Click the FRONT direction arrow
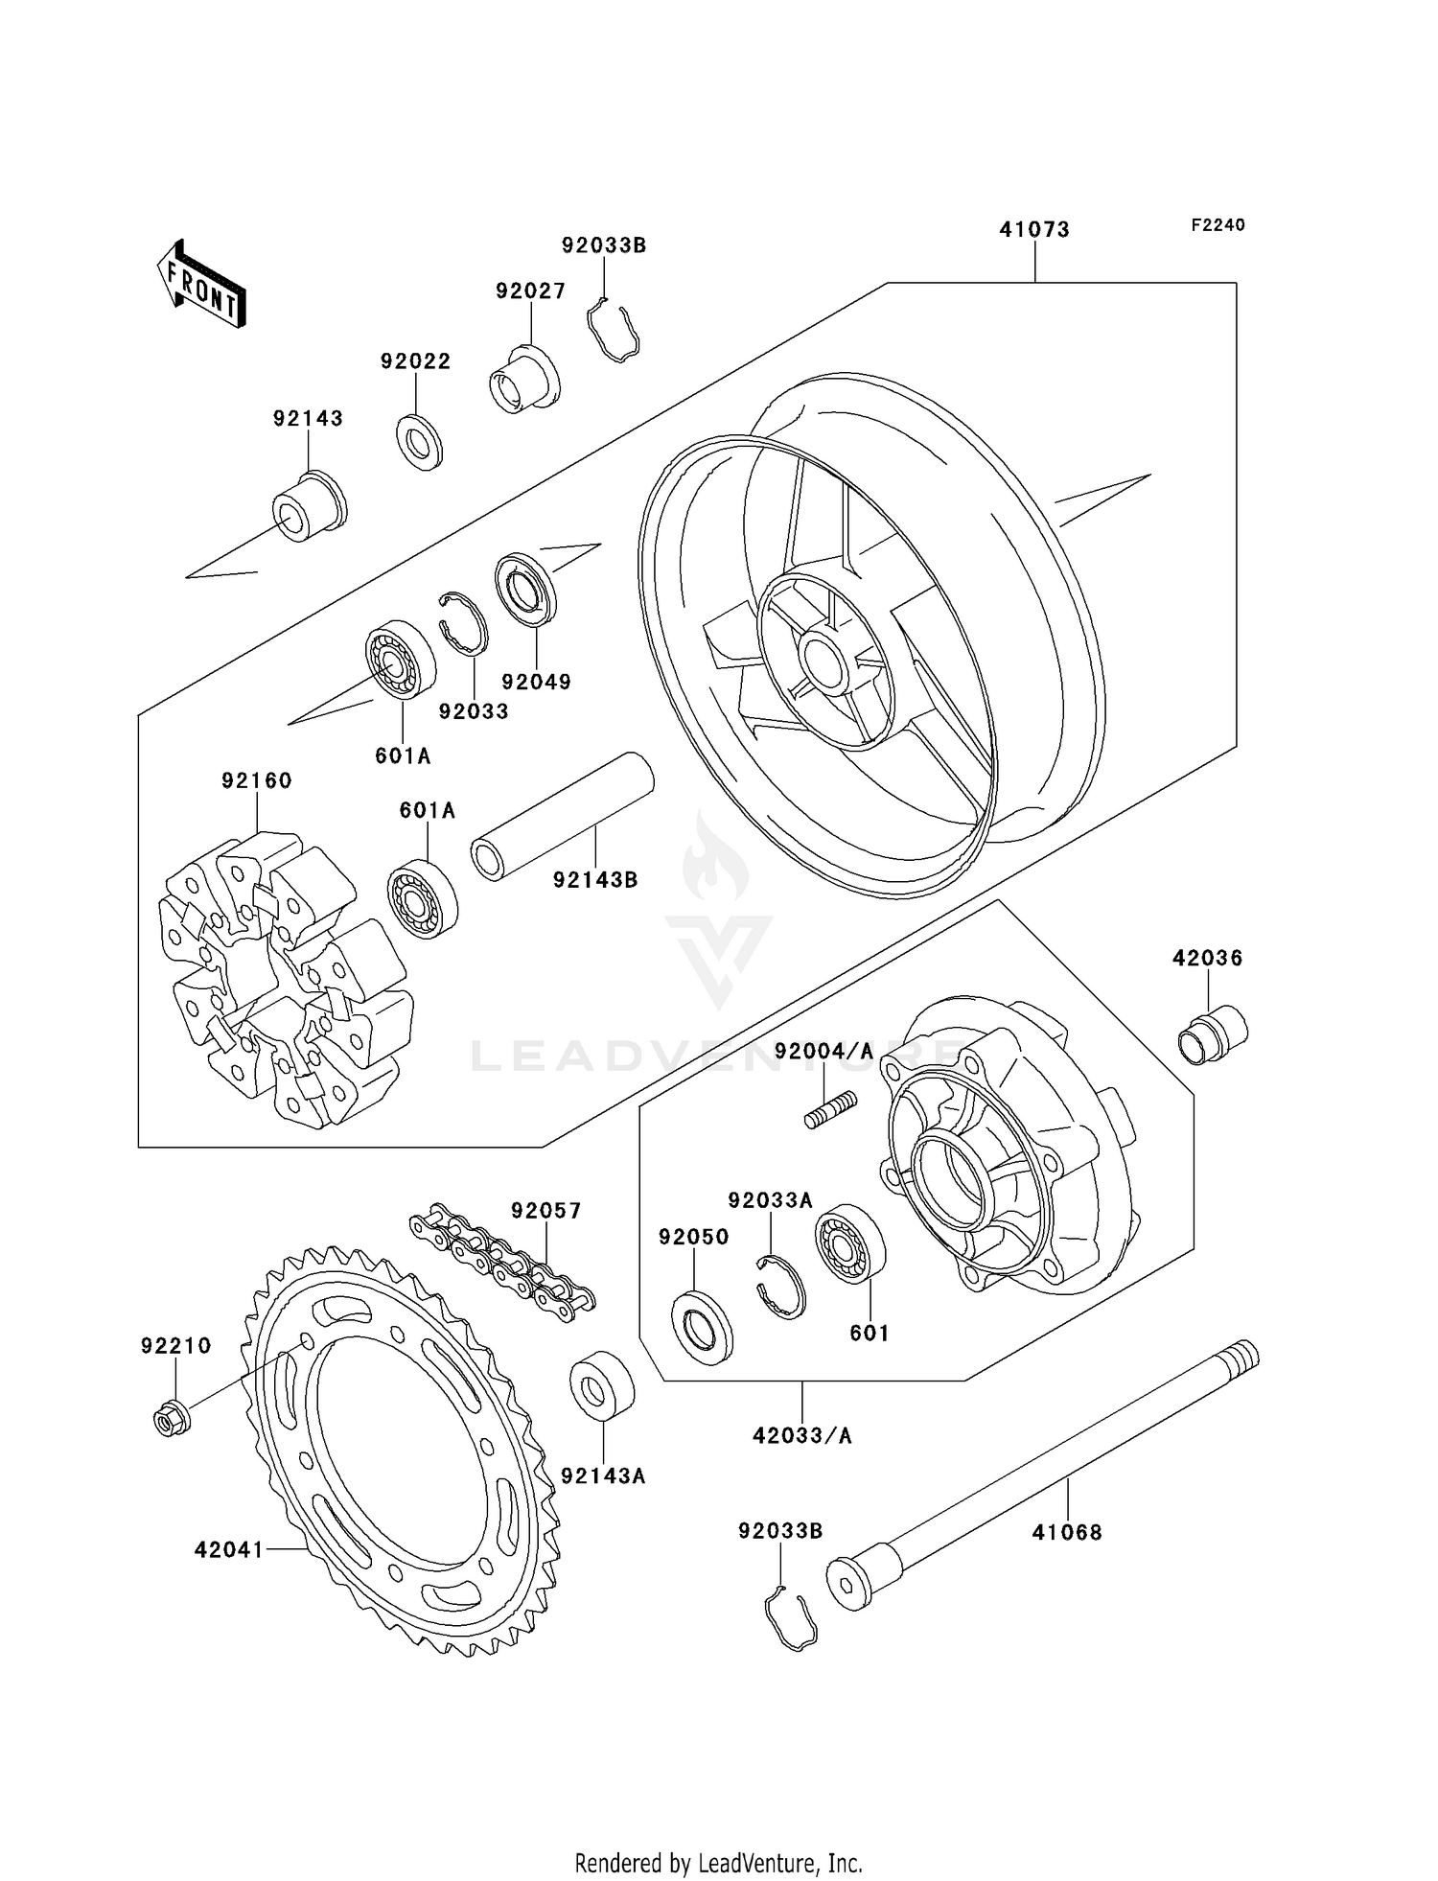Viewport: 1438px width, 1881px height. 202,285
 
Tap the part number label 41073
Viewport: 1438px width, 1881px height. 1034,230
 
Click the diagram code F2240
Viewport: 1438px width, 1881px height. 1218,225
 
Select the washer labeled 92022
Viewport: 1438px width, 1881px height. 420,442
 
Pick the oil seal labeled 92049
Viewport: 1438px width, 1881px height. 525,590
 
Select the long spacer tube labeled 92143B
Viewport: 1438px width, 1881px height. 563,815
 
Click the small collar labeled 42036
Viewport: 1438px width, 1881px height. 1212,1034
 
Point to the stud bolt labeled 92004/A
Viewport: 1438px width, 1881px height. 830,1110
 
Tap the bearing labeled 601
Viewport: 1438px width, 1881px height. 849,1243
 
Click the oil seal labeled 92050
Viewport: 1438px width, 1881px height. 702,1327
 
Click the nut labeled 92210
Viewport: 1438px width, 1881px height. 171,1419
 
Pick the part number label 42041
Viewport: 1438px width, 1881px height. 228,1549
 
